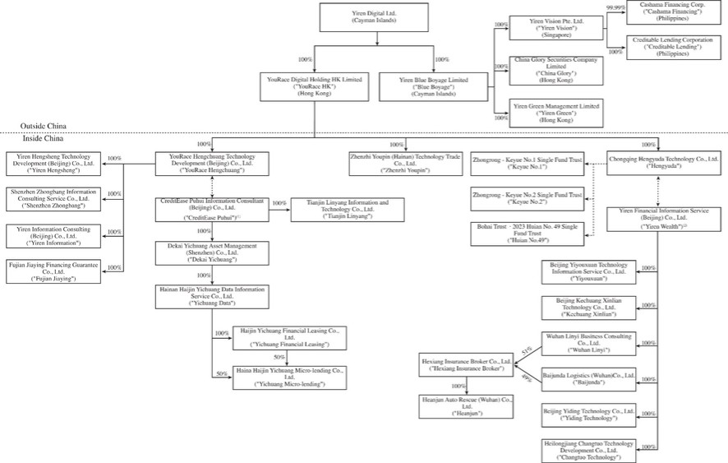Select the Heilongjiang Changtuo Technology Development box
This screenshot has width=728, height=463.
(590, 450)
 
